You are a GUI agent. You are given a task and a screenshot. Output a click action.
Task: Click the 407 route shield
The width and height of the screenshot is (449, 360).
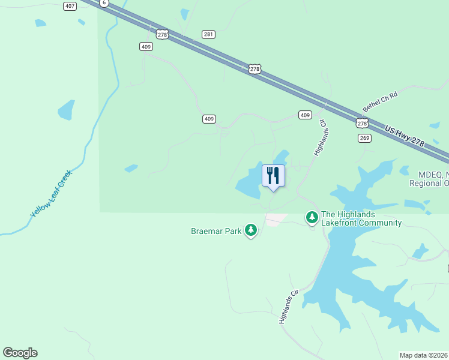click(x=70, y=6)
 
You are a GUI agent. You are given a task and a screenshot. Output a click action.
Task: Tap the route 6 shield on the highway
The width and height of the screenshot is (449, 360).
click(x=104, y=3)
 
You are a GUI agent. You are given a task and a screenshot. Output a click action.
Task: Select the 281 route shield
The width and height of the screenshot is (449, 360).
click(x=208, y=34)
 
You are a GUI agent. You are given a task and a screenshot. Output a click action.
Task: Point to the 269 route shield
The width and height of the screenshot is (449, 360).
click(x=365, y=138)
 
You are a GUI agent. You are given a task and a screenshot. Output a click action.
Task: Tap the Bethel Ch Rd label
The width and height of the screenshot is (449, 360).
click(x=381, y=101)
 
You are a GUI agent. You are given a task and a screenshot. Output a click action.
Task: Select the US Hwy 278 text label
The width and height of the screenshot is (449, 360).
click(x=405, y=137)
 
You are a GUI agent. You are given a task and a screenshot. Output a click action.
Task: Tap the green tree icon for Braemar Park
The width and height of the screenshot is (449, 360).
click(x=251, y=229)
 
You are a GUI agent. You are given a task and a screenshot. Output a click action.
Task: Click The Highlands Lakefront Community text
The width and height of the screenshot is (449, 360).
click(x=361, y=218)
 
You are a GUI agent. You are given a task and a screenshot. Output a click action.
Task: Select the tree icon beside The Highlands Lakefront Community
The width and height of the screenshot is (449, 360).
click(x=312, y=217)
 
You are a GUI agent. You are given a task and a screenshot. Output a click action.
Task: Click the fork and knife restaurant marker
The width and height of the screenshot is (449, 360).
click(x=273, y=176)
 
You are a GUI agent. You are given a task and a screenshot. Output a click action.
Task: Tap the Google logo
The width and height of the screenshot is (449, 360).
click(x=20, y=353)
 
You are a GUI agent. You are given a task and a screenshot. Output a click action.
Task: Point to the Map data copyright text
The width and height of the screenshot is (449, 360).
click(x=424, y=355)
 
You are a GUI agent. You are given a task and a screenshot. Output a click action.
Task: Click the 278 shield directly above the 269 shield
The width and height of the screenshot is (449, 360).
click(x=361, y=123)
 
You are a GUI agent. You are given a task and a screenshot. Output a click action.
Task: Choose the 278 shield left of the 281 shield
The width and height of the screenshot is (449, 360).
click(x=161, y=35)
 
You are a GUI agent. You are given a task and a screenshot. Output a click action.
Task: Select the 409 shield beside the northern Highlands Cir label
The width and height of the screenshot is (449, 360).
click(x=305, y=115)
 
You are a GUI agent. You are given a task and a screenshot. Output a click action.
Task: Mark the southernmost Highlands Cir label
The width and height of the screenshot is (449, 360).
click(x=289, y=307)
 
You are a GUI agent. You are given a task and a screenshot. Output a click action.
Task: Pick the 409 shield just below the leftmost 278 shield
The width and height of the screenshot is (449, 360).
click(x=146, y=46)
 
